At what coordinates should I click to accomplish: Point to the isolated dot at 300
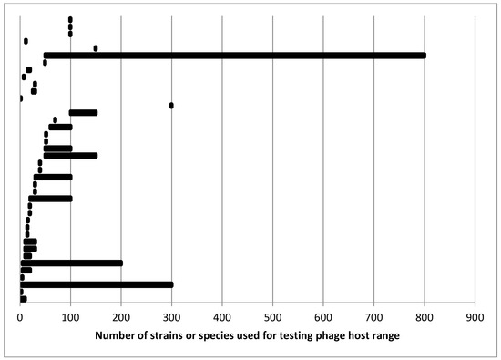pyautogui.click(x=171, y=106)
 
